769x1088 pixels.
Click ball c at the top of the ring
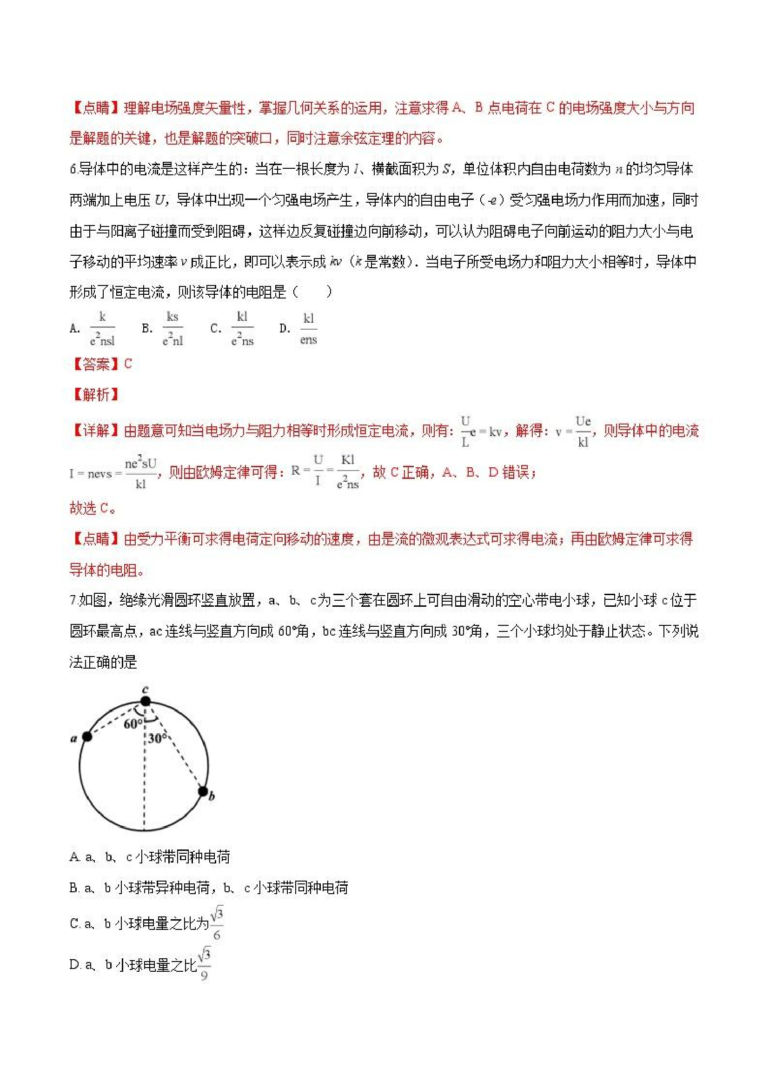(x=146, y=701)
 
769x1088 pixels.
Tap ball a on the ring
(x=87, y=736)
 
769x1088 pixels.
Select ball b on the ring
(x=203, y=791)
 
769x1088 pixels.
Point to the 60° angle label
(x=133, y=723)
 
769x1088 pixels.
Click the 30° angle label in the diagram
(x=157, y=738)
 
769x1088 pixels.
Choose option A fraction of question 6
(x=102, y=328)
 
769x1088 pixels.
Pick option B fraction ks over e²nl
(x=172, y=328)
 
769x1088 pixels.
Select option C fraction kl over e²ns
(x=242, y=328)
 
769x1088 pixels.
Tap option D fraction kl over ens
(x=308, y=328)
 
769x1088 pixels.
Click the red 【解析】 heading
(x=94, y=394)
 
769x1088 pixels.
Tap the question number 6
(x=73, y=169)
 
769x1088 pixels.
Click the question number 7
(x=73, y=600)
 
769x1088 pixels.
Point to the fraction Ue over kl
(x=583, y=431)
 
